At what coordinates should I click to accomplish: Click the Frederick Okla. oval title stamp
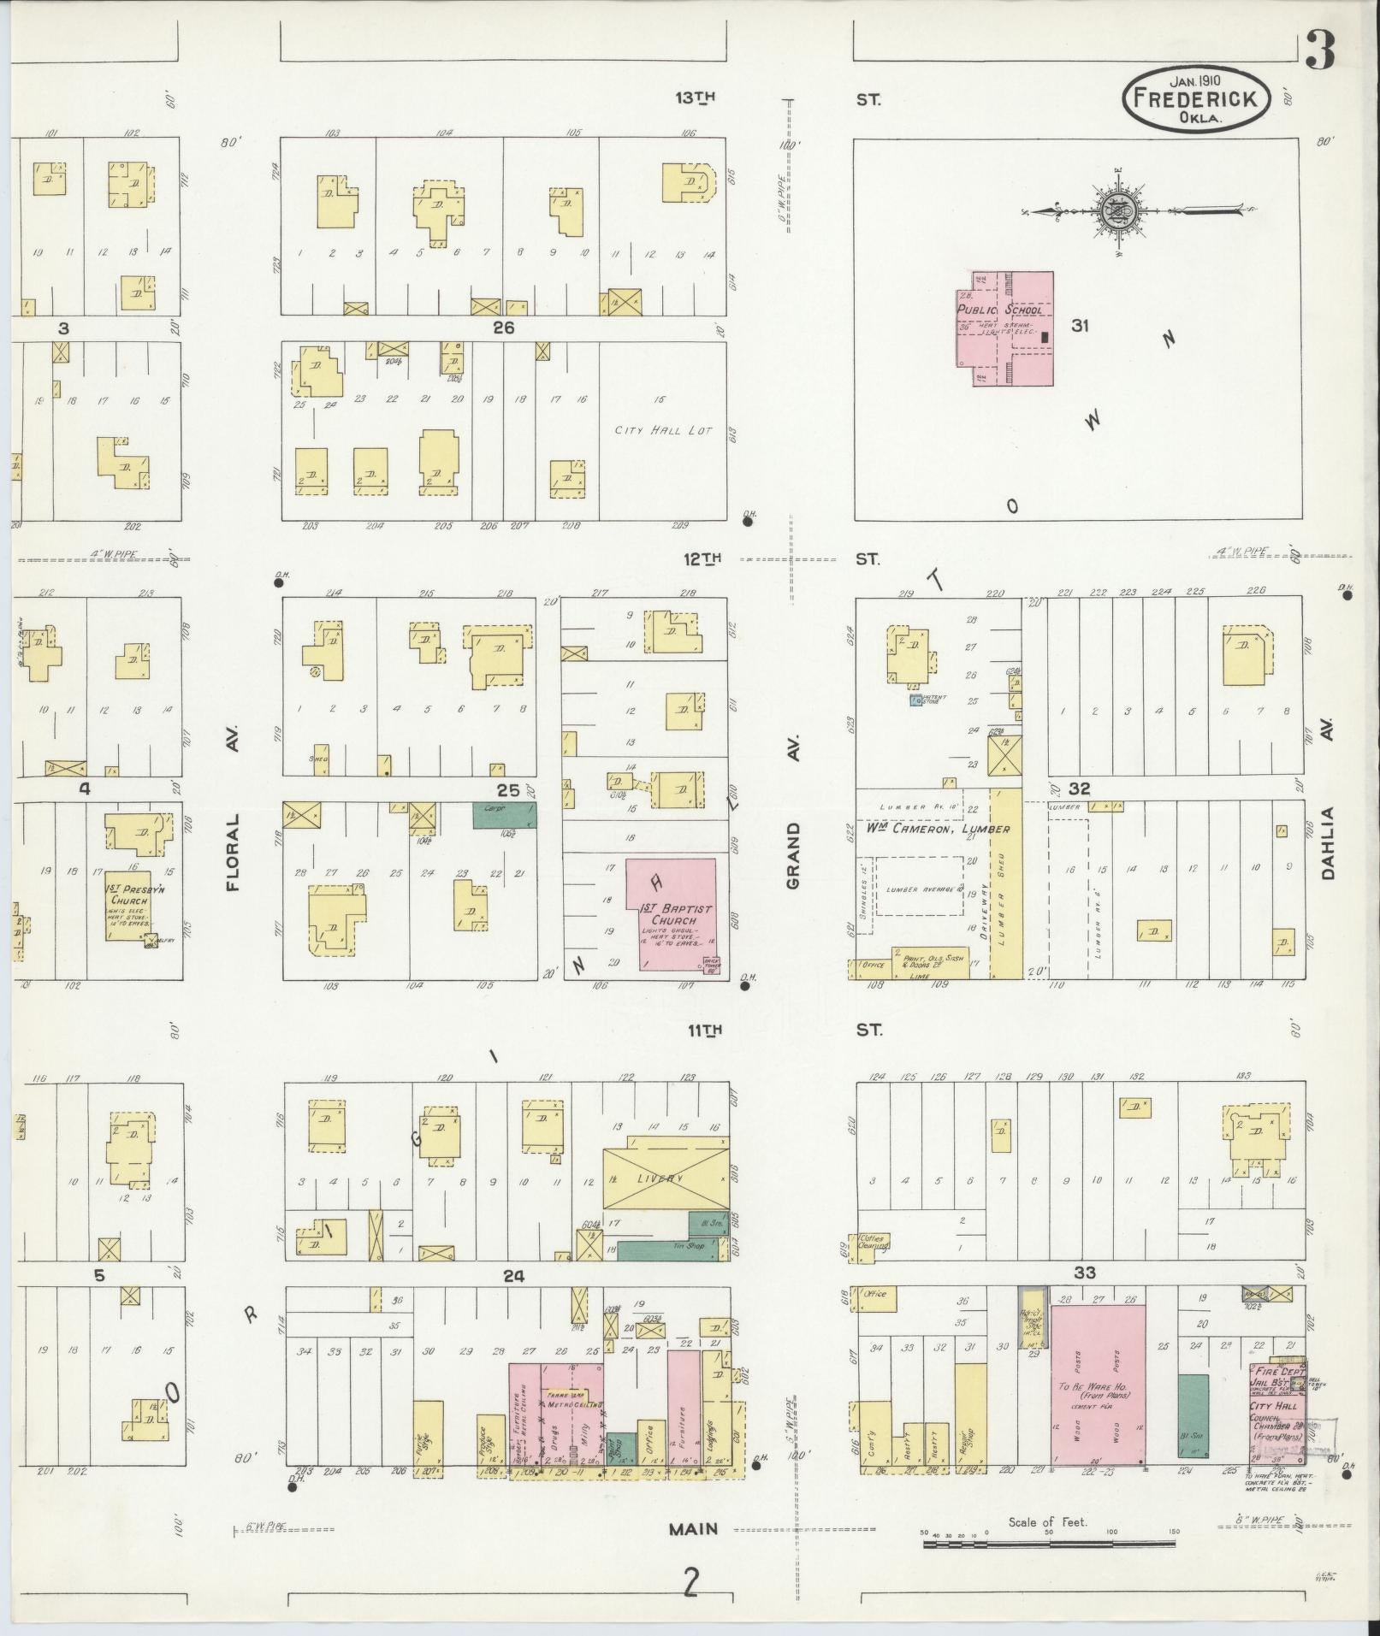[1195, 99]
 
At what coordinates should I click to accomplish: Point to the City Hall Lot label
[663, 430]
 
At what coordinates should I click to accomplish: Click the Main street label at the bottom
[693, 1528]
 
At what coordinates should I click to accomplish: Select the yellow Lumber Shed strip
[1007, 883]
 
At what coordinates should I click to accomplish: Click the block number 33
[1084, 1273]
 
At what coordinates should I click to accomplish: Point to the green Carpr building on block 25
[505, 814]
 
